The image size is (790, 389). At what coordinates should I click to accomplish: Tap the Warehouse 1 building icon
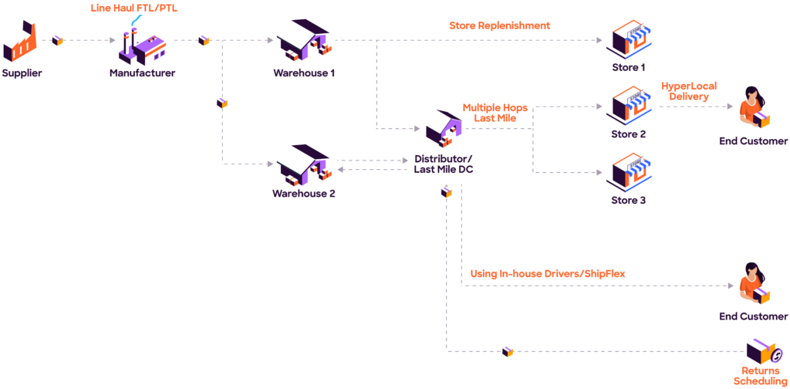point(304,40)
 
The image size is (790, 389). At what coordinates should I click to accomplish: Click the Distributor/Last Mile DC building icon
point(443,128)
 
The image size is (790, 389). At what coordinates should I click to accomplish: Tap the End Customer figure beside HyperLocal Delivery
point(754,108)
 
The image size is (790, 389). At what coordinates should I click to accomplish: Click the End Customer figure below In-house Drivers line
point(754,286)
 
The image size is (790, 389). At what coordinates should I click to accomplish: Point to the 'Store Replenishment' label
point(500,25)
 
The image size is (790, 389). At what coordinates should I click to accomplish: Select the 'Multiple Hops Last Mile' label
point(495,113)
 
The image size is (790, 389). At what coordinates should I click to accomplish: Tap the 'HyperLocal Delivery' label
point(688,92)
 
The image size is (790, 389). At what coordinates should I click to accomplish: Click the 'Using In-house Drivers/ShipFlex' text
point(548,273)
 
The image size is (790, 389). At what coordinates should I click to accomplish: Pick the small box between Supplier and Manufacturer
point(57,40)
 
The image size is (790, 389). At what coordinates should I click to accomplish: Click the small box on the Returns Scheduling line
point(508,351)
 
